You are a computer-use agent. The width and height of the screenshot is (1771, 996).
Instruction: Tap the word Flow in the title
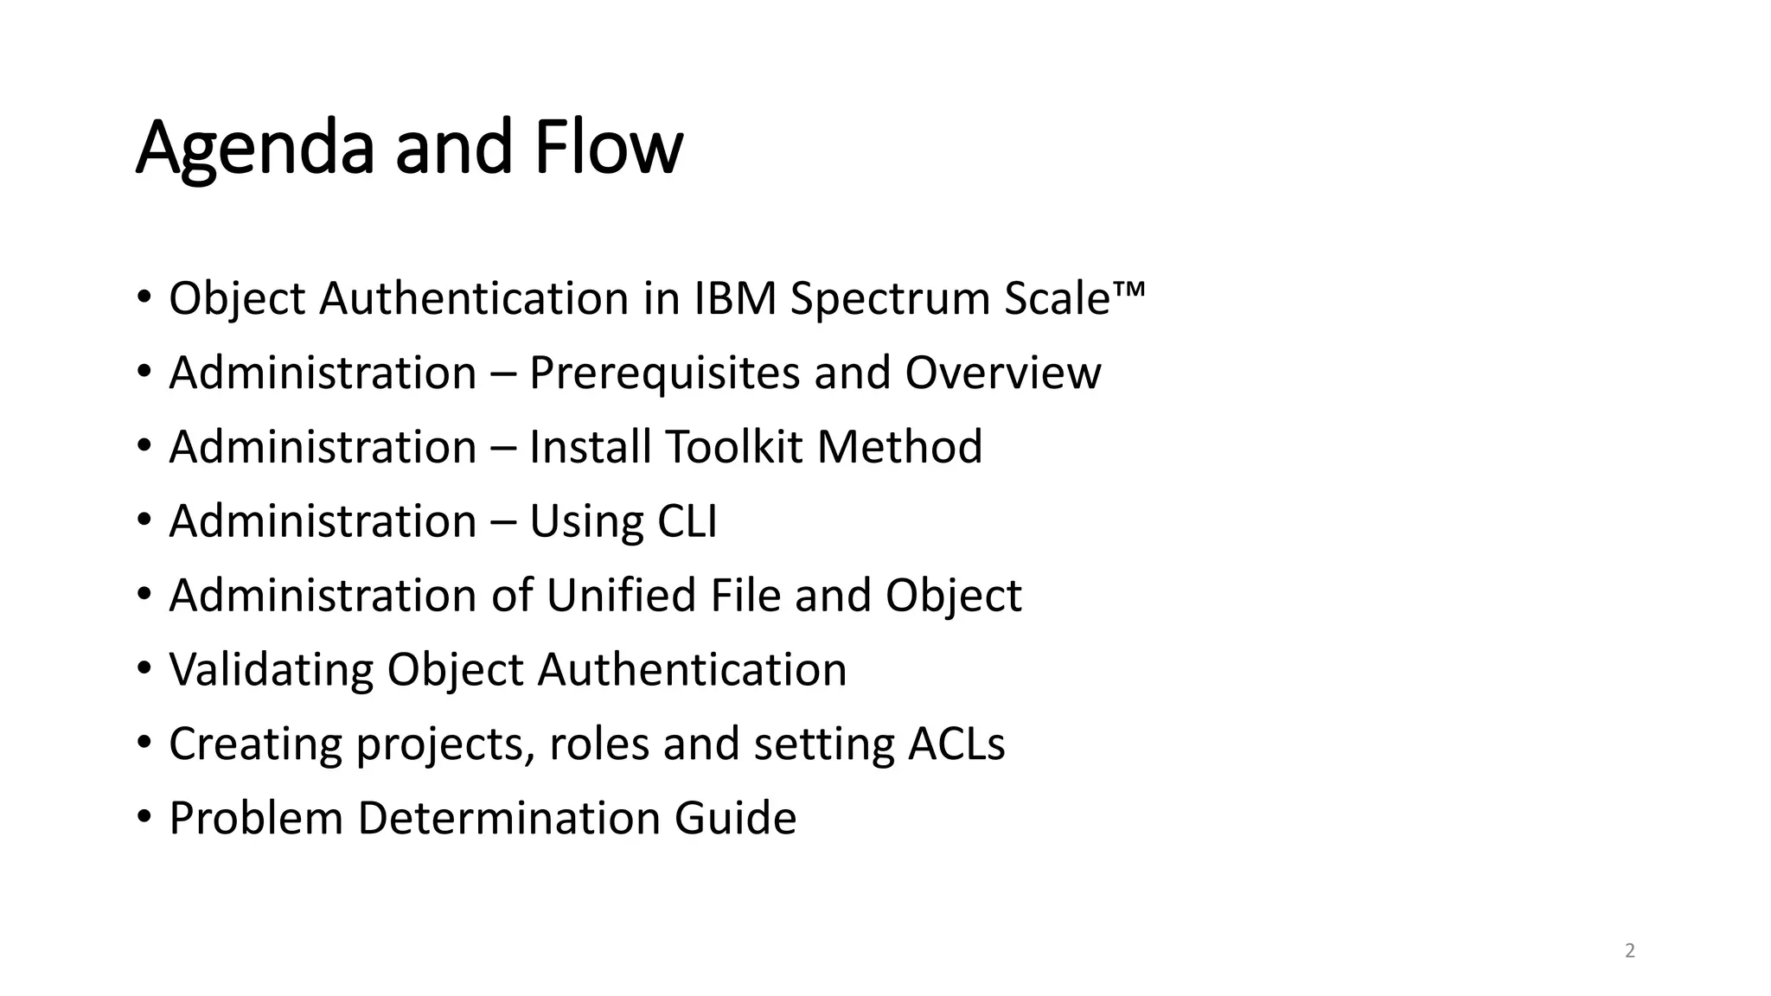[608, 147]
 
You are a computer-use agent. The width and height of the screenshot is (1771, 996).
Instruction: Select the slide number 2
[1630, 951]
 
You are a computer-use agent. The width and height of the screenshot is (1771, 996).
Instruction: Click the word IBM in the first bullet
[734, 298]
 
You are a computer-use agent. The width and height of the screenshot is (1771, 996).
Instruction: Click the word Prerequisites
[663, 373]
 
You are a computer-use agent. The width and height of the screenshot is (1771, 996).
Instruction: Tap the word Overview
[1003, 373]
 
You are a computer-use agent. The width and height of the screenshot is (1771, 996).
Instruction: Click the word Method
[899, 447]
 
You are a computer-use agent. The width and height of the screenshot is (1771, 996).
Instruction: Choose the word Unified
[620, 596]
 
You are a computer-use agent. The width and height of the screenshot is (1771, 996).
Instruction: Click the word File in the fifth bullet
[745, 596]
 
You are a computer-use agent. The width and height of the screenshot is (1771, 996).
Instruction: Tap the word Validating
[271, 670]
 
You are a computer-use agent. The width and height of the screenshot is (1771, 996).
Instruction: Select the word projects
[444, 745]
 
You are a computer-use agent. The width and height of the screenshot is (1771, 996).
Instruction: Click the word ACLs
[956, 744]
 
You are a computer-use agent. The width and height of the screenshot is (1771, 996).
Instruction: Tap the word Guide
[735, 819]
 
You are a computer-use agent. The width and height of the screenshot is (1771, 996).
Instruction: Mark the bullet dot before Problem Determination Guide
[144, 817]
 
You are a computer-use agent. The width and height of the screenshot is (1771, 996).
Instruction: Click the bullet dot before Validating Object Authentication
[144, 668]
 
